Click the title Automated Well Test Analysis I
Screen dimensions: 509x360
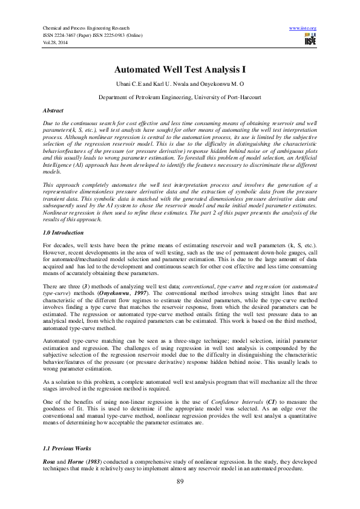180,70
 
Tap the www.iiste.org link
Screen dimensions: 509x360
303,28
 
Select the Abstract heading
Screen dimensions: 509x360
53,111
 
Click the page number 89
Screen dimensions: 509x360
180,481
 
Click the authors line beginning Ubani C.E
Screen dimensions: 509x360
180,84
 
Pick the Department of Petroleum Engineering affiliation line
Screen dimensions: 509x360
180,97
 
